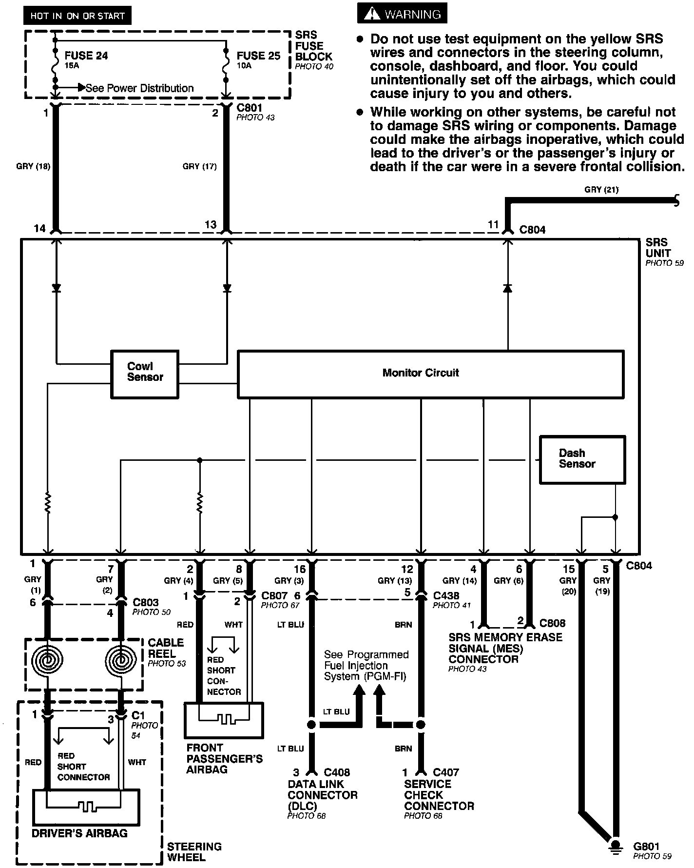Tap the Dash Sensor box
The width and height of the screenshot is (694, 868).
[x=582, y=459]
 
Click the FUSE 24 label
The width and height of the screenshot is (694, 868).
[x=86, y=56]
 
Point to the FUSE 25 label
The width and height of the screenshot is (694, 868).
[x=258, y=56]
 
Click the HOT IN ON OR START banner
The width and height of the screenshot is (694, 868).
[x=77, y=16]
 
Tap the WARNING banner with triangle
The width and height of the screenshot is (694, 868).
[x=402, y=14]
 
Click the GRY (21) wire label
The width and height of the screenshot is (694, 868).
[x=601, y=190]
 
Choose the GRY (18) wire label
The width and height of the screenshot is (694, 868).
[x=33, y=166]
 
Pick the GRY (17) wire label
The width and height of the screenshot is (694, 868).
[x=199, y=166]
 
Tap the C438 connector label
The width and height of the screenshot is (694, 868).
[x=446, y=595]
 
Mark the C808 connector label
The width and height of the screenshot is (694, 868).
[x=553, y=623]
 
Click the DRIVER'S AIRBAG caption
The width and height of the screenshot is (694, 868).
[x=79, y=833]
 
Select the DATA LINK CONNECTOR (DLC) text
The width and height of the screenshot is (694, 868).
[x=322, y=795]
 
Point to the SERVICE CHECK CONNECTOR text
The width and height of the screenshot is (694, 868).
[x=439, y=795]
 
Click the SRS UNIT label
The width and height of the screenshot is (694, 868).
[x=658, y=248]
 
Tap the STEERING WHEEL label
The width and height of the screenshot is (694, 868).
[x=194, y=851]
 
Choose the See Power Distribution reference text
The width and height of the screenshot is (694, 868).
[x=139, y=88]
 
